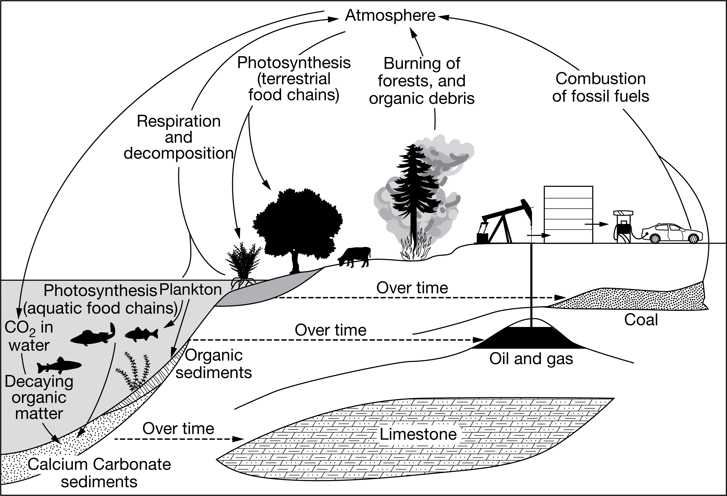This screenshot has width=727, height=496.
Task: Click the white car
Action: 672,233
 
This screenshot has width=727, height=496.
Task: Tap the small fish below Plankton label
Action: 141,334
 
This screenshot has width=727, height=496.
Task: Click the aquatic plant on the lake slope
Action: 135,372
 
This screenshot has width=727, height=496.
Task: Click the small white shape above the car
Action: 623,213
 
